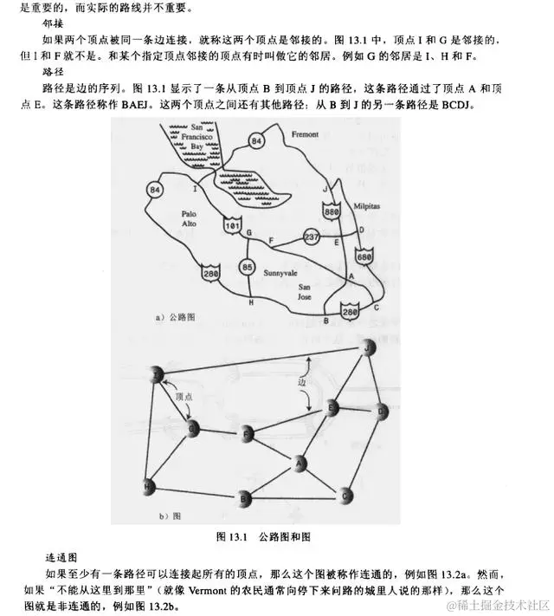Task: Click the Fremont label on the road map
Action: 306,135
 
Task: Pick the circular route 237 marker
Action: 313,237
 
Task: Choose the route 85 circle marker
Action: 248,267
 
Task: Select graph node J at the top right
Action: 370,347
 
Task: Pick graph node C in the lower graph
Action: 345,496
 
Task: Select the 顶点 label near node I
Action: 183,396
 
